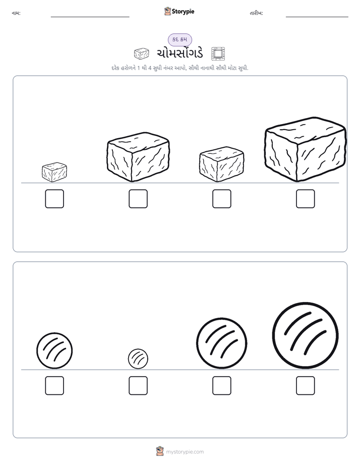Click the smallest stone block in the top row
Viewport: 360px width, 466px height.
point(54,172)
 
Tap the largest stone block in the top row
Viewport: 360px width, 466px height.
point(306,149)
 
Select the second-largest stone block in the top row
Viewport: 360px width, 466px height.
point(138,157)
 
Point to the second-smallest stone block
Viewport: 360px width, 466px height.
point(221,164)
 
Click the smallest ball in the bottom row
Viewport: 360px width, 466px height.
point(138,359)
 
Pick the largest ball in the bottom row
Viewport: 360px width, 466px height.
point(306,335)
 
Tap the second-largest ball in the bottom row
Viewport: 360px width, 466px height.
point(221,343)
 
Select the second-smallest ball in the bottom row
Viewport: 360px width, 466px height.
point(54,351)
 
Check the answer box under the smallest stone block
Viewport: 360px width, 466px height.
point(54,199)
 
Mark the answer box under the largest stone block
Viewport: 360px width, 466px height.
point(306,199)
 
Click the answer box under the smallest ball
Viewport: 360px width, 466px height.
point(138,386)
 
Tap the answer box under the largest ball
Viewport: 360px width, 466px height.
point(306,386)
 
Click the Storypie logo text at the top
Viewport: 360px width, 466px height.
point(183,12)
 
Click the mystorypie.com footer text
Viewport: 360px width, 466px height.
point(185,452)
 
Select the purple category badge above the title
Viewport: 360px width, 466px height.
point(180,40)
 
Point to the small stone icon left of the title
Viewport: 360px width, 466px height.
point(141,54)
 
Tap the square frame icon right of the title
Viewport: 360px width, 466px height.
point(218,53)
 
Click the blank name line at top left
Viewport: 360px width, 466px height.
point(90,17)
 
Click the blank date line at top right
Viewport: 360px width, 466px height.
point(317,17)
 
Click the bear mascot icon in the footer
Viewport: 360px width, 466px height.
point(160,451)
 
